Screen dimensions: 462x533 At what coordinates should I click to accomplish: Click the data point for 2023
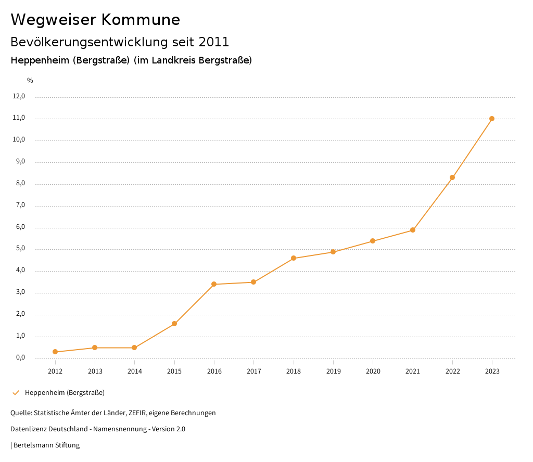(492, 119)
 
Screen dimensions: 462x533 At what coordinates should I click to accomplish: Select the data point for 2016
(214, 284)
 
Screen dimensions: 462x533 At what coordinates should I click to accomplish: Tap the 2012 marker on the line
(55, 352)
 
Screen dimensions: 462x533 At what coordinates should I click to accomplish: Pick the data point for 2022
(452, 177)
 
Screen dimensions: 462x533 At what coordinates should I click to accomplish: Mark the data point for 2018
(294, 258)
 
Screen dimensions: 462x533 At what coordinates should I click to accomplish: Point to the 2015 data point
(174, 324)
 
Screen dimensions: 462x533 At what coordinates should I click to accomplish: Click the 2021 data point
(413, 230)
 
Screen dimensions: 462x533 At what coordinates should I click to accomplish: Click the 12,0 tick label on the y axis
(19, 96)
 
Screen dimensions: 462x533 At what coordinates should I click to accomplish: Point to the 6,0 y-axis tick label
(19, 227)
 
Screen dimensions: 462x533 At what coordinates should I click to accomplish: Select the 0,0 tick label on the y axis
(19, 357)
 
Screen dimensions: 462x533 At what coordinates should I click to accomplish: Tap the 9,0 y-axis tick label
(19, 162)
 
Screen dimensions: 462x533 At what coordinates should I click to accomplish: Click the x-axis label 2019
(333, 371)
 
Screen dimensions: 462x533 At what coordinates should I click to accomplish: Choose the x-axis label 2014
(134, 371)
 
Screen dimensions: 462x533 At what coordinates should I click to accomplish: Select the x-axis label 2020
(373, 371)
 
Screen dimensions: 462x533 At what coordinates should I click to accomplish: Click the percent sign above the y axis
(30, 81)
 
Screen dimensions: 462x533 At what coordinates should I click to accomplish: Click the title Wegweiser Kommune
(95, 20)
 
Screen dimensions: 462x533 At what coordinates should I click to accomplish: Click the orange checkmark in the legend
(16, 392)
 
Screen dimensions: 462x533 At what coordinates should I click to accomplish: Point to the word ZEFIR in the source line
(136, 413)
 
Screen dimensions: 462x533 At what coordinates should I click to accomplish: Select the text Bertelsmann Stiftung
(46, 445)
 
